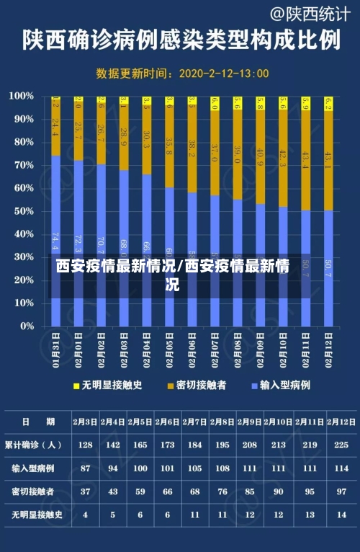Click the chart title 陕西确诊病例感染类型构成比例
pyautogui.click(x=180, y=40)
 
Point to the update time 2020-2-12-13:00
pyautogui.click(x=224, y=73)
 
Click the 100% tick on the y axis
pyautogui.click(x=22, y=96)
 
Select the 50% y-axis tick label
pyautogui.click(x=23, y=210)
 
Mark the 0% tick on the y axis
pyautogui.click(x=26, y=326)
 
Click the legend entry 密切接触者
pyautogui.click(x=197, y=386)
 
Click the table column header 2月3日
pyautogui.click(x=85, y=422)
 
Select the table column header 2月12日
pyautogui.click(x=342, y=422)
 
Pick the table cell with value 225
pyautogui.click(x=342, y=445)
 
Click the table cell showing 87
pyautogui.click(x=85, y=468)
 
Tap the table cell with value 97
pyautogui.click(x=342, y=491)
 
